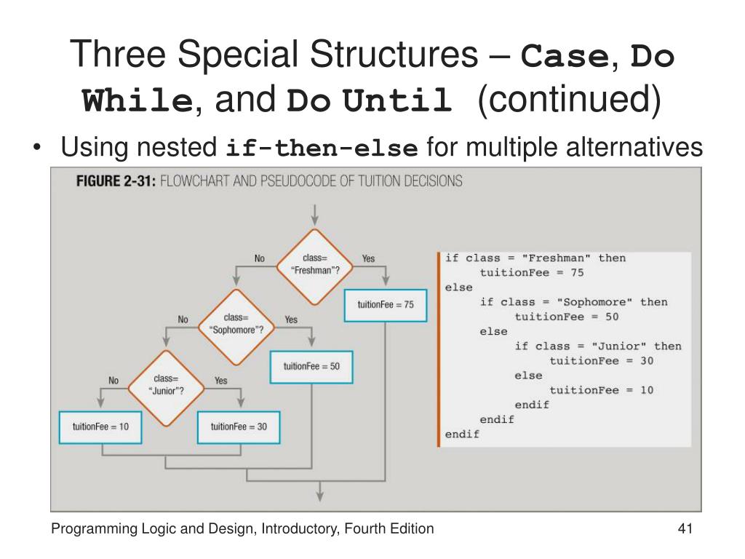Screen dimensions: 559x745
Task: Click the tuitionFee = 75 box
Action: click(x=386, y=305)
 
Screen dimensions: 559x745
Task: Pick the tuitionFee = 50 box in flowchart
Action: click(x=311, y=366)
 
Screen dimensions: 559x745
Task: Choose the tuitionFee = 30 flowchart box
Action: click(x=239, y=427)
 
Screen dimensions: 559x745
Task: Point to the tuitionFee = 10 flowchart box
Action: click(x=100, y=427)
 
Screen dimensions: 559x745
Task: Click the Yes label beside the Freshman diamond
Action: click(x=368, y=258)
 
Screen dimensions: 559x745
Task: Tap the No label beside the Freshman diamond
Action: click(x=260, y=258)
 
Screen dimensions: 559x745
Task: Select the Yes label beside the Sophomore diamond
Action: click(x=291, y=320)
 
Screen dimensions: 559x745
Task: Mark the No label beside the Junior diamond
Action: click(x=113, y=380)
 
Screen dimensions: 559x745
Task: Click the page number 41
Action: click(x=683, y=529)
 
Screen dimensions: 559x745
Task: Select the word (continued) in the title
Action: click(x=569, y=101)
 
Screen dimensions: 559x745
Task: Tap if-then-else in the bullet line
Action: click(x=322, y=150)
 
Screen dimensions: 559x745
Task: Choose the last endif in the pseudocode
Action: click(x=463, y=435)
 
